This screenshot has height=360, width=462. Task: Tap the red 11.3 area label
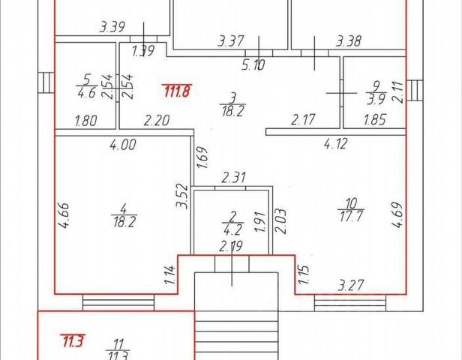click(73, 341)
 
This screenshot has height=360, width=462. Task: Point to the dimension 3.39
click(112, 28)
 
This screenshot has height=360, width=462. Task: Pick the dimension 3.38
click(349, 40)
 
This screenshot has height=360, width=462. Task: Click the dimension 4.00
click(123, 145)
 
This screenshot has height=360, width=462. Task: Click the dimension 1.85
click(375, 118)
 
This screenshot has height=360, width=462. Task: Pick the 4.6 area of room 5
click(87, 94)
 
